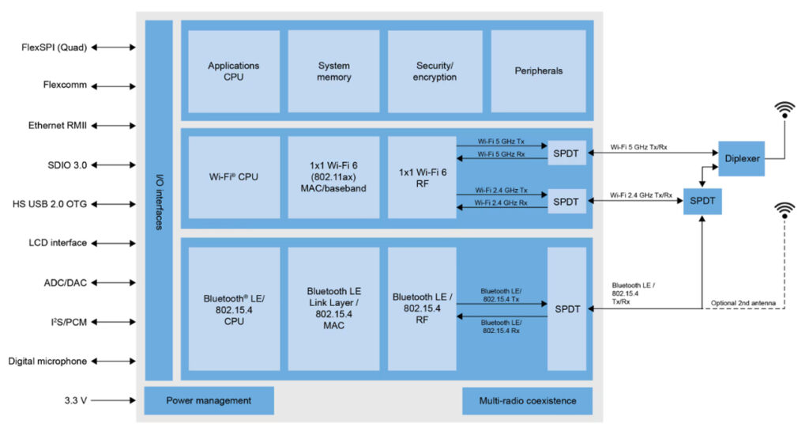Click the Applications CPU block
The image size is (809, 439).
(x=234, y=71)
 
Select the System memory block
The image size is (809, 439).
(x=334, y=71)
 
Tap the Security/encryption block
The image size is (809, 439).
(x=435, y=71)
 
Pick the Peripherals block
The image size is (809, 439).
(x=538, y=71)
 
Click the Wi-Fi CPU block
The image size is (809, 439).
(x=234, y=176)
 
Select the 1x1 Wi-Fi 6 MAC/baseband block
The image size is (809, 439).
(x=334, y=176)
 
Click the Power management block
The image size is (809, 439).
(x=209, y=400)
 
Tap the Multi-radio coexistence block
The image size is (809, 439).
(x=527, y=400)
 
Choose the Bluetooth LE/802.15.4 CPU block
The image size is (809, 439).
(x=234, y=309)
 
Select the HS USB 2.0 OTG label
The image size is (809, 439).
(x=48, y=203)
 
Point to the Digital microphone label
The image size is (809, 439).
(x=47, y=361)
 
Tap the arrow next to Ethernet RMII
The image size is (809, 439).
(x=113, y=126)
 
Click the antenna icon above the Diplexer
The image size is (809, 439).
(x=784, y=109)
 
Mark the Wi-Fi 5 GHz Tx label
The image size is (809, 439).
(x=502, y=140)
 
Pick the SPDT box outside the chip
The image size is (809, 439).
(x=702, y=202)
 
